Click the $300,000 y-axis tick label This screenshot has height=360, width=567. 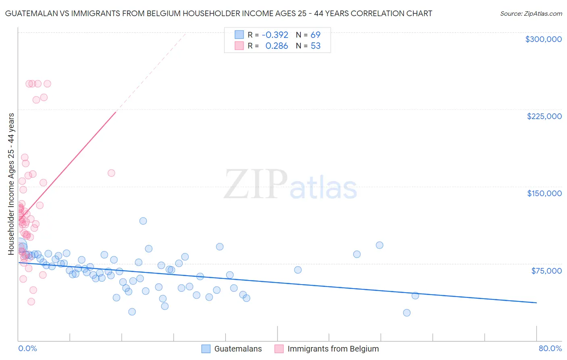543,39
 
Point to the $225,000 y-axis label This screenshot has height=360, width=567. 544,116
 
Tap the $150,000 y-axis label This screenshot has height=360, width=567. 544,193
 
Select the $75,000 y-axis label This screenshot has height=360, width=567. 546,271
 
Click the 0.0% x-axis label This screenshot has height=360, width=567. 27,348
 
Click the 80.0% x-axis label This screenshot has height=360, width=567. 550,348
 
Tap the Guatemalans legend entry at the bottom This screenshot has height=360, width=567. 238,349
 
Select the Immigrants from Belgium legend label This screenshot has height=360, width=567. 333,349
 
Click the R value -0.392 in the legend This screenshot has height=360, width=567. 275,35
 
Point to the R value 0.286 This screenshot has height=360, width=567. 277,46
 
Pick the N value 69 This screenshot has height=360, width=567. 315,35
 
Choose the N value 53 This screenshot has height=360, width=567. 315,46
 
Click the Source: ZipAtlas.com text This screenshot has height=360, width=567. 531,14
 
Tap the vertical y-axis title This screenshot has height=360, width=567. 11,184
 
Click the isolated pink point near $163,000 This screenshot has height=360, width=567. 111,173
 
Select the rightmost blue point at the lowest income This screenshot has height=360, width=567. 406,313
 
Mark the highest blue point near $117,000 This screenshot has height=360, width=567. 143,221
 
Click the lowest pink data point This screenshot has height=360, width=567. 31,301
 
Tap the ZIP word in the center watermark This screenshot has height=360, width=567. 255,184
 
